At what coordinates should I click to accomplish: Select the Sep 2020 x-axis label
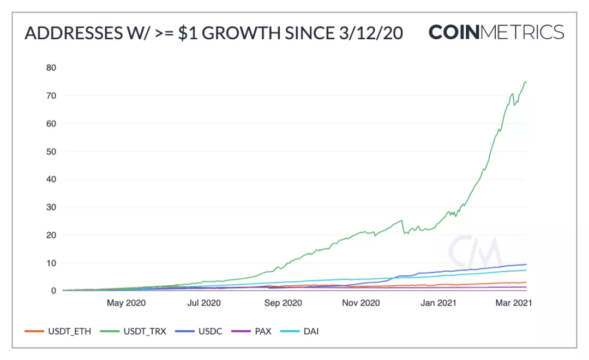[x=283, y=303]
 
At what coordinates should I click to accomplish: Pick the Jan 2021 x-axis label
[x=439, y=303]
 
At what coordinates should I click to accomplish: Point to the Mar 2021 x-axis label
[x=513, y=303]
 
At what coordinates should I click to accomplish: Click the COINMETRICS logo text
[x=496, y=32]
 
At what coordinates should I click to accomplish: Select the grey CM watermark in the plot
[x=475, y=250]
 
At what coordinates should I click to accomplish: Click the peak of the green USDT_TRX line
[x=525, y=82]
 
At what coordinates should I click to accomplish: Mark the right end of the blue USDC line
[x=526, y=264]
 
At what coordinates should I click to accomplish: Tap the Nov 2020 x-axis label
[x=360, y=303]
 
